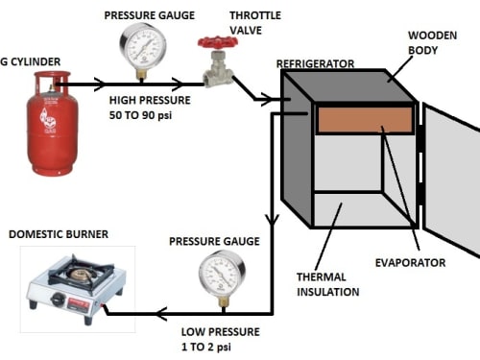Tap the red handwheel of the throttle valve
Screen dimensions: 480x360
pos(218,42)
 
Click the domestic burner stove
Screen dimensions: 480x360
pos(76,288)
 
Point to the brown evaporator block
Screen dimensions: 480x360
pos(365,120)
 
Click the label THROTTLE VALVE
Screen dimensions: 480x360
pos(255,23)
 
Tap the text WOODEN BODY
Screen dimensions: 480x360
pos(432,42)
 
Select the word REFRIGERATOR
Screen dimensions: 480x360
pos(315,63)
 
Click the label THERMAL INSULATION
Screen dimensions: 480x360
pos(327,284)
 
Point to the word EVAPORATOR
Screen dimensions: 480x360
pos(410,263)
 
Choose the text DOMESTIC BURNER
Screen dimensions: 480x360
pos(59,234)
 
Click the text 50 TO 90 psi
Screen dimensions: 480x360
pos(140,115)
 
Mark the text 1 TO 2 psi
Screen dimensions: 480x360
pos(206,347)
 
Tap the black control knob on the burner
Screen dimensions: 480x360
pos(58,299)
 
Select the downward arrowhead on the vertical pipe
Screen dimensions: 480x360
pos(272,220)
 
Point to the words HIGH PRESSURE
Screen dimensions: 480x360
pos(150,100)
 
